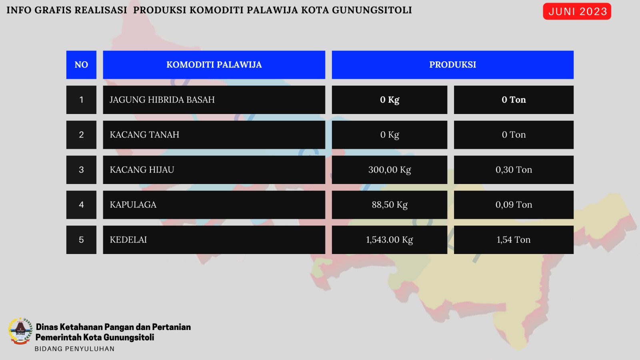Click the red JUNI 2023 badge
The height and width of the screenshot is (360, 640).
577,12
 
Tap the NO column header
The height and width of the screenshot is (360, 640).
81,65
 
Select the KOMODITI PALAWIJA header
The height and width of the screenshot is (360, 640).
214,65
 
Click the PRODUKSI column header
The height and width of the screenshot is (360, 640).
452,65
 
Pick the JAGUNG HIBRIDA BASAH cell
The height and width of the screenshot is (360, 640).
214,100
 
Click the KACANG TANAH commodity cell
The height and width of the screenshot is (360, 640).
214,135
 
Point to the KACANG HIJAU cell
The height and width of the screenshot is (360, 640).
214,170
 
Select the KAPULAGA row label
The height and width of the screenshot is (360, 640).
214,205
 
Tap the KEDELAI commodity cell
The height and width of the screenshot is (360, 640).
214,240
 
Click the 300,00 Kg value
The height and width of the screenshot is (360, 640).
390,170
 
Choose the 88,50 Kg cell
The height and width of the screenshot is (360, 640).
390,205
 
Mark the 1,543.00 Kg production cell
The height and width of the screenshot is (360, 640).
390,240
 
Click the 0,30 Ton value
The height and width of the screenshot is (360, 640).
514,170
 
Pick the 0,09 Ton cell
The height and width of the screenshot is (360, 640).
514,205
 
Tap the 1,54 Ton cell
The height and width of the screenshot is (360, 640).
514,240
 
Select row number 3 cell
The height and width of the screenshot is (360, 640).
81,170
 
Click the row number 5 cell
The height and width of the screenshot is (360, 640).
81,240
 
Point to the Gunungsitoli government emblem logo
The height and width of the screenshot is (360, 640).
20,331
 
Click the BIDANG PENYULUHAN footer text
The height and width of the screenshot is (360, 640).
74,349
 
